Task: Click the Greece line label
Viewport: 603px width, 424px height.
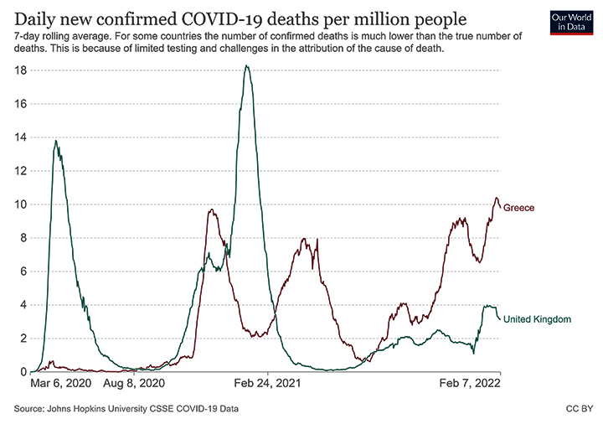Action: (518, 207)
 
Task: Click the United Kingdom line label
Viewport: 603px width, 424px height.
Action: (537, 319)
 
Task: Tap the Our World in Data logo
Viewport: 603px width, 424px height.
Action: (569, 23)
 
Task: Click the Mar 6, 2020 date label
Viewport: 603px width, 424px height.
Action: (59, 385)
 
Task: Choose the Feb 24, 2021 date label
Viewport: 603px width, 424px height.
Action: (268, 385)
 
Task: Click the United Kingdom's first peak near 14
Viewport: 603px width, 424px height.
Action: (55, 141)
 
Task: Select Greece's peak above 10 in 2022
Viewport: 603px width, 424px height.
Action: (496, 198)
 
